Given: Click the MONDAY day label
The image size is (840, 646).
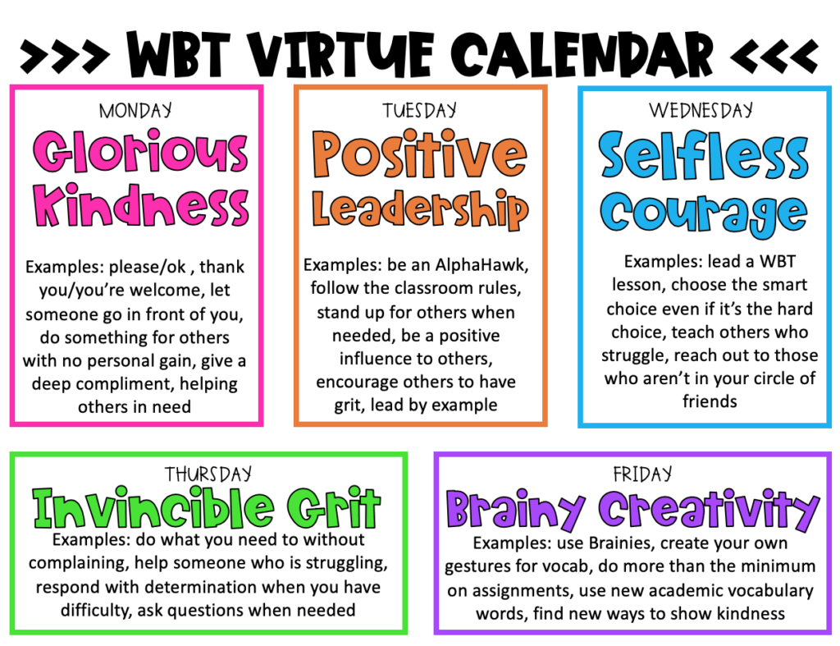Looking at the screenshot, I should pos(135,110).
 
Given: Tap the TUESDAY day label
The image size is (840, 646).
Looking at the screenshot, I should pos(420,110).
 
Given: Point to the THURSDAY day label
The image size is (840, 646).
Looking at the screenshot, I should pos(208,474).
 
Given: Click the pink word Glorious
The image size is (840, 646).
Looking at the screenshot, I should pos(139,153).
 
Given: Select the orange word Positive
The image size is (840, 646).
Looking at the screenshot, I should pos(420,156).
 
